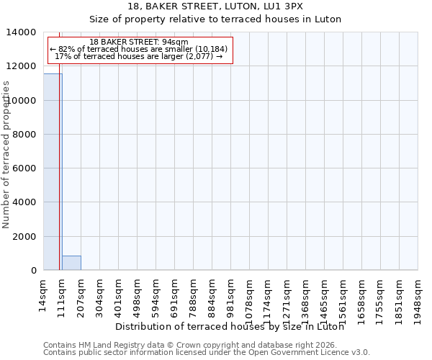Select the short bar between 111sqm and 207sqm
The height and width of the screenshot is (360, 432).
point(71,263)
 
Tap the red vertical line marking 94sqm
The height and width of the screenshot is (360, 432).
point(59,158)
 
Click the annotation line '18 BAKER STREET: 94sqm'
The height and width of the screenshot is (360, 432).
point(140,42)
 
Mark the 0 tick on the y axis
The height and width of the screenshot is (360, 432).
point(33,271)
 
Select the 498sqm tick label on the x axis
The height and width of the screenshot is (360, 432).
point(137,295)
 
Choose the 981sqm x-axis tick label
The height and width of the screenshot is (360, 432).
point(230,295)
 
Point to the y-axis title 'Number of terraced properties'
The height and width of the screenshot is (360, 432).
point(6,155)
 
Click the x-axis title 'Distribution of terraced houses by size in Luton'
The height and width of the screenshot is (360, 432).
point(229,326)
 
